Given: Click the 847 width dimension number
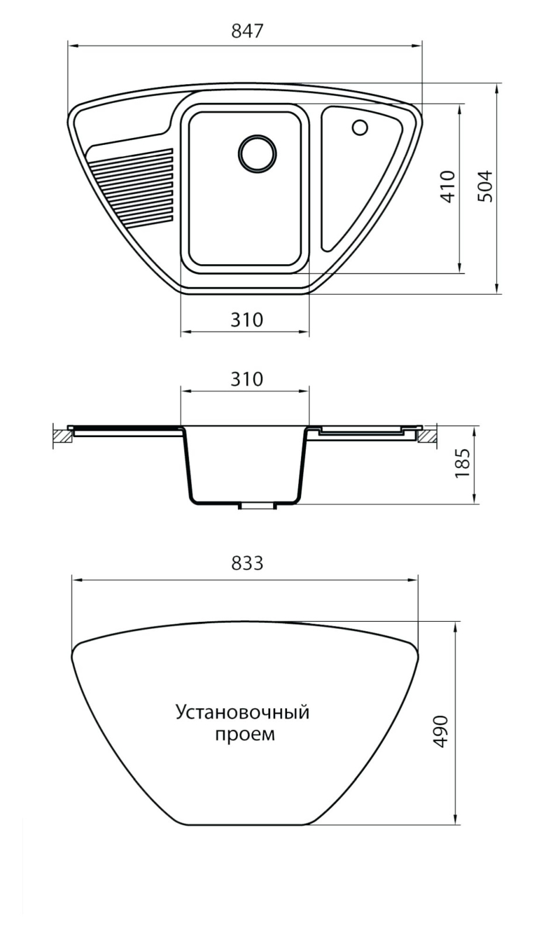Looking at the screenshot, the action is click(x=247, y=32).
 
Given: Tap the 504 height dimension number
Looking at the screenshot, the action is click(x=485, y=186).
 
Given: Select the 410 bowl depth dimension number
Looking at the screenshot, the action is click(x=448, y=186).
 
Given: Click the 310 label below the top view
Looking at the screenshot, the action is click(x=247, y=320).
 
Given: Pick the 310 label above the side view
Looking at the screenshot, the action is click(x=247, y=379).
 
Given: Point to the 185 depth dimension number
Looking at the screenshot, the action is click(x=463, y=463).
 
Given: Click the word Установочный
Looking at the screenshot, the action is click(x=243, y=712).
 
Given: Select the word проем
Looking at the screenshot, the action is click(x=245, y=734).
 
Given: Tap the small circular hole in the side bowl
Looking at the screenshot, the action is click(x=359, y=127).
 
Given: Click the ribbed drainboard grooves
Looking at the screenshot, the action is click(x=132, y=186).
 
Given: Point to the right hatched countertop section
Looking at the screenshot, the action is click(x=427, y=436).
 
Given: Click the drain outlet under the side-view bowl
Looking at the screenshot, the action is click(x=257, y=505).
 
